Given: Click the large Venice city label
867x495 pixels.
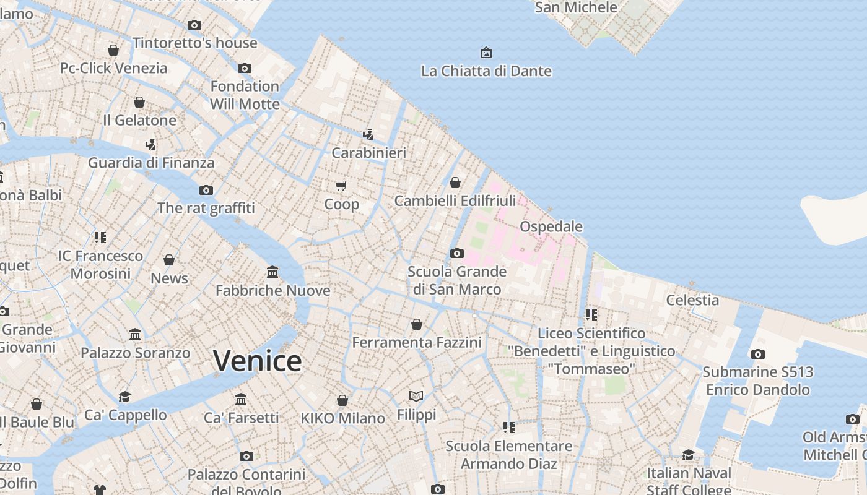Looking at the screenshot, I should coord(257,361).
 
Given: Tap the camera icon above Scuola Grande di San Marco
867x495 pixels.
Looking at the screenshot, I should coord(457,253).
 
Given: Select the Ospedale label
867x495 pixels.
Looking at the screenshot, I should coord(551,226).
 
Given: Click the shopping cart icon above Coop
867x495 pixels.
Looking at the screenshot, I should coord(341,186).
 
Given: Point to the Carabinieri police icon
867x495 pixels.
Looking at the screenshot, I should coord(368,134).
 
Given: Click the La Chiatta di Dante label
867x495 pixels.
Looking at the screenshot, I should coord(486,71).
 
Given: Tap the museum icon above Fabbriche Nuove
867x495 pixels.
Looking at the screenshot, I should coord(272,272).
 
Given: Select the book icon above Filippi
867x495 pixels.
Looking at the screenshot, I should coord(416,396).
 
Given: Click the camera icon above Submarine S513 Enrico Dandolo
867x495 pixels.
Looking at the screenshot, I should coord(757,355).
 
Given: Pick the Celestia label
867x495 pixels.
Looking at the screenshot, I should coord(692,300).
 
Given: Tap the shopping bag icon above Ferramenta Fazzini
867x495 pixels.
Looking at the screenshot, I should coord(417,324).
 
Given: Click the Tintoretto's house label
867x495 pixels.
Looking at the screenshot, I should coord(194,43).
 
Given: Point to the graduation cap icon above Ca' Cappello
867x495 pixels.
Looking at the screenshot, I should coord(125,397).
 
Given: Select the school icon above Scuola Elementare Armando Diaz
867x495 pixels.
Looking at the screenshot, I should coord(509,428).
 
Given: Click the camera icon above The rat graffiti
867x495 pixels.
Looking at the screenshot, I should coord(206,190).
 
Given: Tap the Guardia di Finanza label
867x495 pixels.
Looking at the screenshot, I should coord(151,163).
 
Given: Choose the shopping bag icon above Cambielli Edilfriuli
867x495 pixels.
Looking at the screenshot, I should coord(455,183).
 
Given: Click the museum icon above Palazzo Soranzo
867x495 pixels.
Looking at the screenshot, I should coord(135,335).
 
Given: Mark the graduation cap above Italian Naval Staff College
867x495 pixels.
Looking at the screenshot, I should coord(688,455).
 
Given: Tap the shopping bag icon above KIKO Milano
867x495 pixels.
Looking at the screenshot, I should coord(342,400).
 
